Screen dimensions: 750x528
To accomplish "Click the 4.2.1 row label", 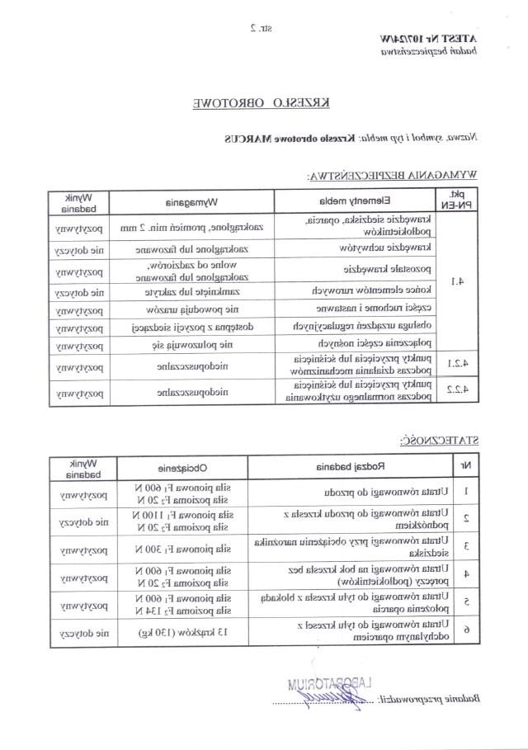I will pos(456,365).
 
